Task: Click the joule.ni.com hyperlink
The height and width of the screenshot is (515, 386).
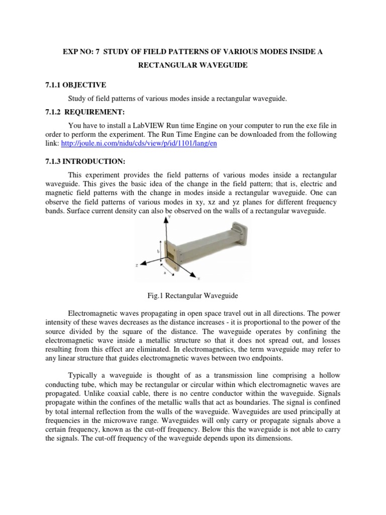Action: click(139, 143)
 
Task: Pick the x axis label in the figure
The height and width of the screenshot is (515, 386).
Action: click(199, 278)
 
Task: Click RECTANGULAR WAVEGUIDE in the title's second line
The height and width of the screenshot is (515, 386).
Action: click(192, 66)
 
